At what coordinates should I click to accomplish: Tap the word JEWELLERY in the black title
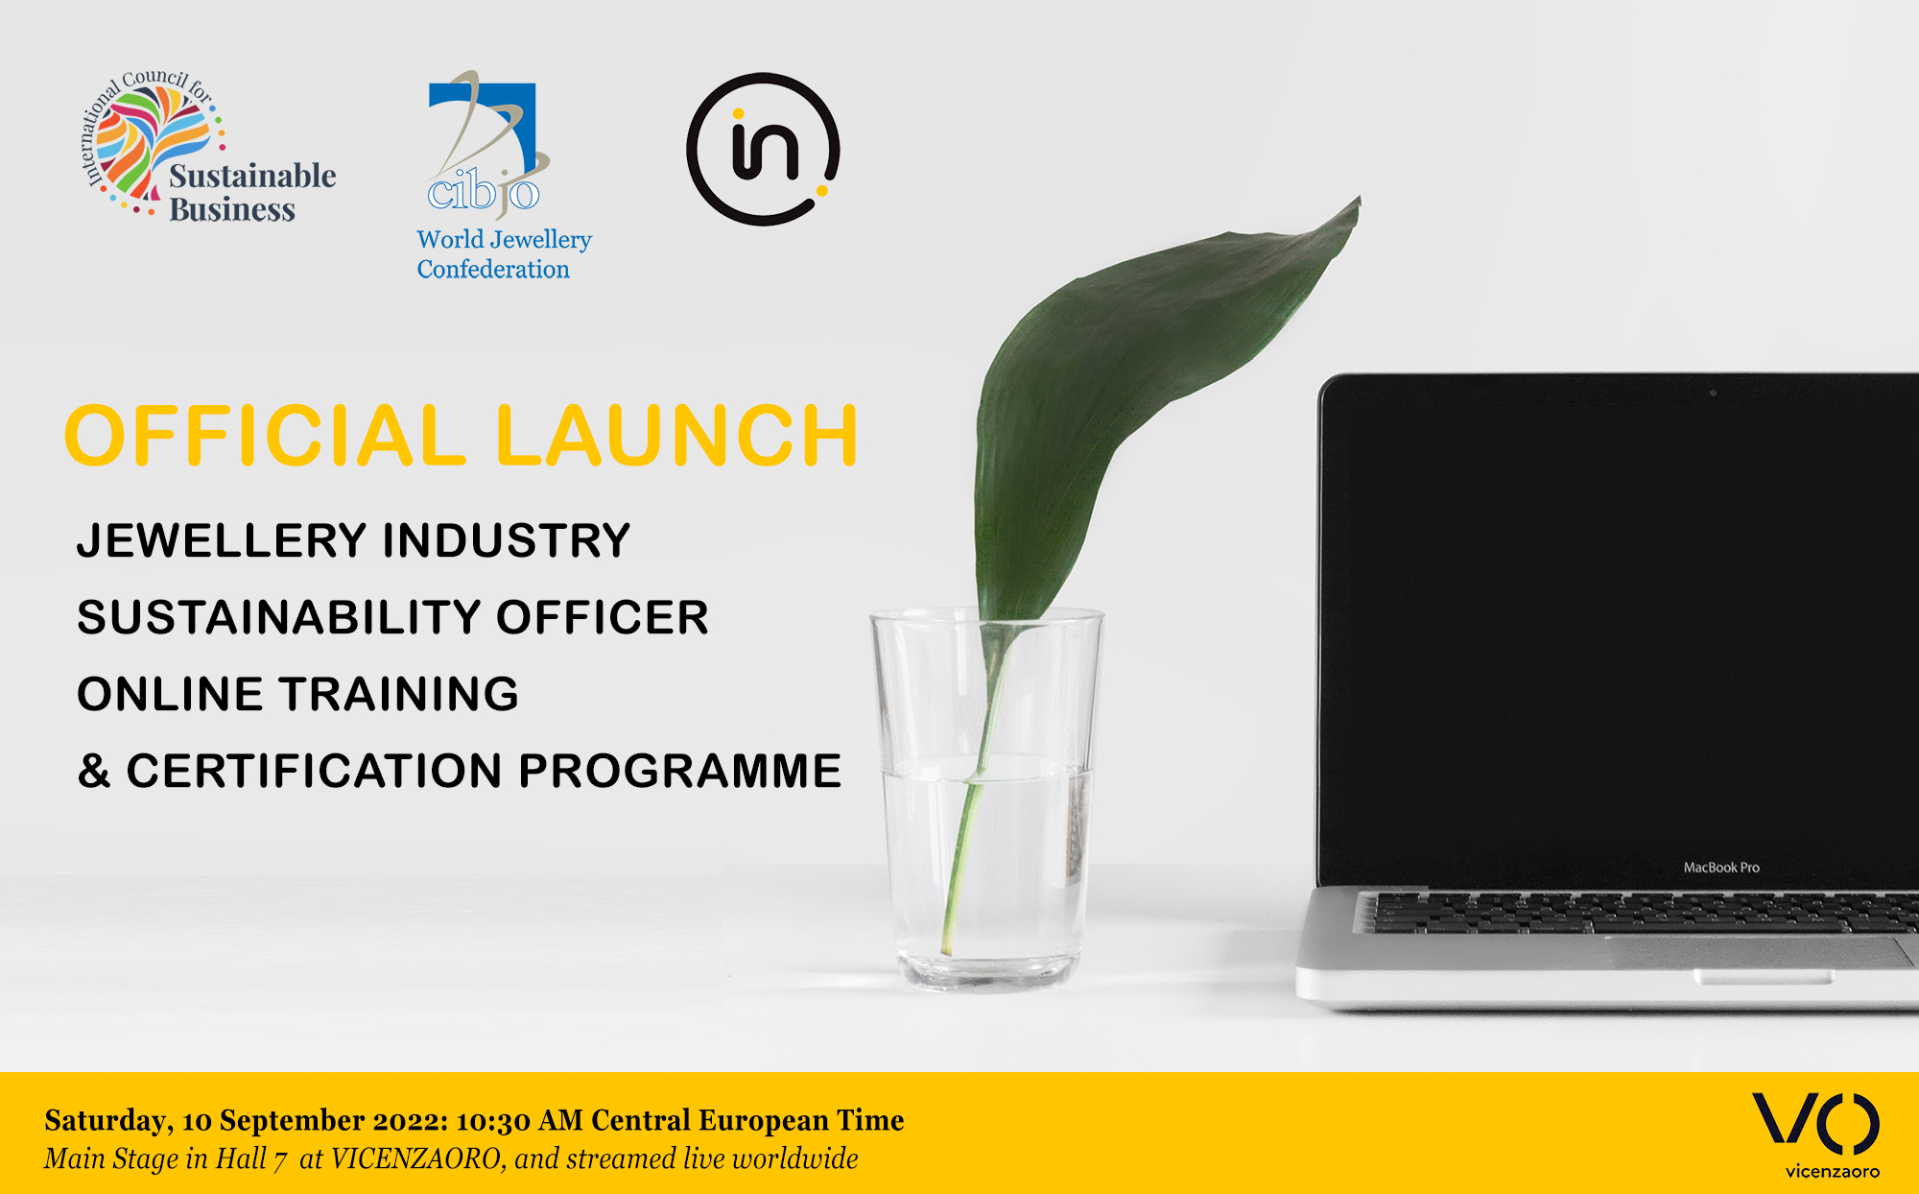[222, 540]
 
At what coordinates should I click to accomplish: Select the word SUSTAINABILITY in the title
[277, 617]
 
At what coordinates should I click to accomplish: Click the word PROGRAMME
[680, 771]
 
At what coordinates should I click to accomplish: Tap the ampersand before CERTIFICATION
[94, 771]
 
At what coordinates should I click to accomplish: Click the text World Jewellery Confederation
[504, 254]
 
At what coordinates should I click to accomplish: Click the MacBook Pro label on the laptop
[1721, 868]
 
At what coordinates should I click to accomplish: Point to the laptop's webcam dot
[1713, 393]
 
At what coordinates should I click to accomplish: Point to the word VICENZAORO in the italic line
[416, 1159]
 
